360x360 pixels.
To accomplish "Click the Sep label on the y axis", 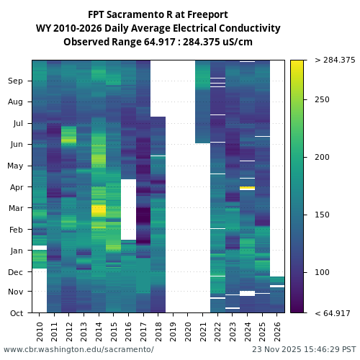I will tap(16, 81).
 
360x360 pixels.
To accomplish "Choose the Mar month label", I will tap(16, 208).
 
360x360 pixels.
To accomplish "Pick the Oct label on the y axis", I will tap(16, 312).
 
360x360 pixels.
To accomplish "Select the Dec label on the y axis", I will tap(16, 271).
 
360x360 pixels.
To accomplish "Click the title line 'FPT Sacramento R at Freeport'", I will tap(158, 14).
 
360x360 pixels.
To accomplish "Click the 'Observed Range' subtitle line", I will tap(158, 42).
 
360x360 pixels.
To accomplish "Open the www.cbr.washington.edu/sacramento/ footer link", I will tap(78, 349).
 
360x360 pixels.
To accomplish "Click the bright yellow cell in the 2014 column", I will tap(99, 210).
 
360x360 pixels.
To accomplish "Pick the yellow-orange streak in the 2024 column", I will tap(247, 188).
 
